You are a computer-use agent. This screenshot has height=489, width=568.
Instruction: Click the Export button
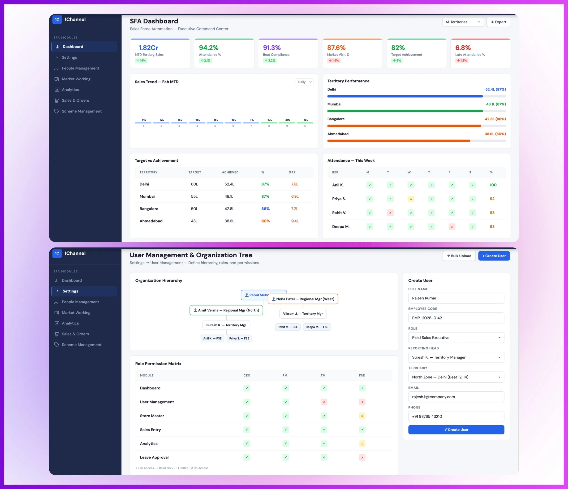pos(498,22)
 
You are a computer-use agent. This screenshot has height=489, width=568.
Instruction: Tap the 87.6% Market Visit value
pos(336,48)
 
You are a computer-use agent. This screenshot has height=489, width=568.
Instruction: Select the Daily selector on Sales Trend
pos(304,82)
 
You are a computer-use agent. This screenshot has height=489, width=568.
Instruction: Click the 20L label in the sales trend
pos(288,120)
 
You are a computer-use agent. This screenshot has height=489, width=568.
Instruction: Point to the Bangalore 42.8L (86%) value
pos(495,119)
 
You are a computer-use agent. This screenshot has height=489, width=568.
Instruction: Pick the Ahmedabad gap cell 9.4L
pos(295,221)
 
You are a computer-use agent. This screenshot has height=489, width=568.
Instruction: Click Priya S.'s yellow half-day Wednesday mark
pos(410,199)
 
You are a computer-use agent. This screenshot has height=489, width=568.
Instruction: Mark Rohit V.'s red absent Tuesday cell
pos(390,213)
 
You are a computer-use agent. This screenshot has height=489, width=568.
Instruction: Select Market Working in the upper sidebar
pos(76,79)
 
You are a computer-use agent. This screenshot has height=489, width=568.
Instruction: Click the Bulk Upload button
pos(459,256)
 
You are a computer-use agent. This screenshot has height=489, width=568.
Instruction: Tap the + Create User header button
pos(494,256)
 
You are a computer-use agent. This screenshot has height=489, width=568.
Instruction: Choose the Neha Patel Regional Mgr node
pos(303,299)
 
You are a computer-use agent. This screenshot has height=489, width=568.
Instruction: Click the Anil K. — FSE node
pos(212,338)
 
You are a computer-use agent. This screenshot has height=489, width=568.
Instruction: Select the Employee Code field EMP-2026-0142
pos(456,318)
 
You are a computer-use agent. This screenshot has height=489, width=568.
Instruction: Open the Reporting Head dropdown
pos(456,357)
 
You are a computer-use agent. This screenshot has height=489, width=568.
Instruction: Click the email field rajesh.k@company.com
pos(456,397)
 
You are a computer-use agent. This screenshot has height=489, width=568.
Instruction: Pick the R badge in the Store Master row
pos(362,416)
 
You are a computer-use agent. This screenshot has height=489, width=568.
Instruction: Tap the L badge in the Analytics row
pos(362,444)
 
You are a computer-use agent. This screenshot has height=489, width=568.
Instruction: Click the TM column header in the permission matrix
pos(323,376)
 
